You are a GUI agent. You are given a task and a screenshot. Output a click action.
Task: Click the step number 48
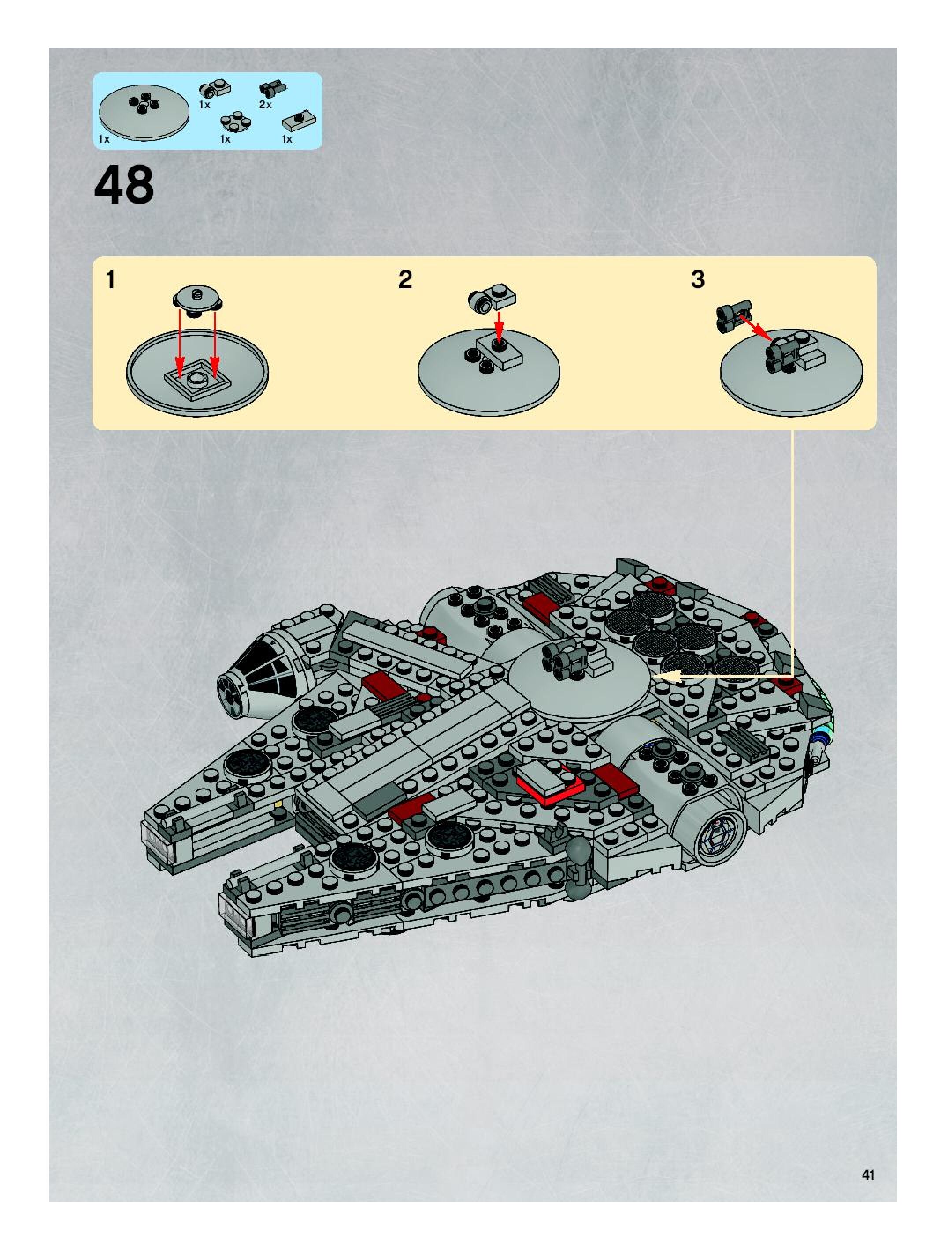[124, 185]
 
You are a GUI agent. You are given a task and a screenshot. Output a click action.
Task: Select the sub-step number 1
[111, 280]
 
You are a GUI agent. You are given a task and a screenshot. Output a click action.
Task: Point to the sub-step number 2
[405, 280]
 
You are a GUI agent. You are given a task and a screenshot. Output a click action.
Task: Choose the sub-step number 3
[698, 280]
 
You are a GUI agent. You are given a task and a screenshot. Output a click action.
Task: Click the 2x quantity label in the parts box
[266, 105]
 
